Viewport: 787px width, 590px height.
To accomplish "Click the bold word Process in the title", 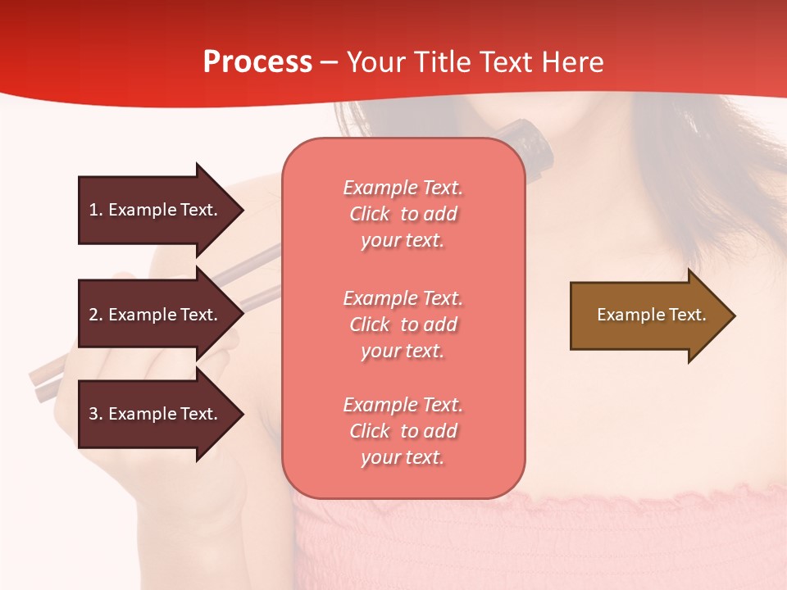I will coord(257,62).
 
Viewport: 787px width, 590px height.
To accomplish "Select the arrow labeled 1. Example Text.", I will coord(153,210).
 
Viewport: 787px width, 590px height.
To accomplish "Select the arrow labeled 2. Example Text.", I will coord(153,315).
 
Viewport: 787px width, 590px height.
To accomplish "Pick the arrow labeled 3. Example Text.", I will coord(153,414).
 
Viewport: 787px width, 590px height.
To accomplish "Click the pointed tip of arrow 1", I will coord(241,210).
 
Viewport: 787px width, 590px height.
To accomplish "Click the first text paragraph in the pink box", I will coord(403,214).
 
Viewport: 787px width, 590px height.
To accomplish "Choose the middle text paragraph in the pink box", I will coord(403,324).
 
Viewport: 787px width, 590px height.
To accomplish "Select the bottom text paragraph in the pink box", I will coord(403,431).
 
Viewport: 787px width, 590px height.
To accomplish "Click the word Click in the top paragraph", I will coord(370,214).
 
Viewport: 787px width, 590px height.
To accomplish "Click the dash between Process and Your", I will coord(330,63).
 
